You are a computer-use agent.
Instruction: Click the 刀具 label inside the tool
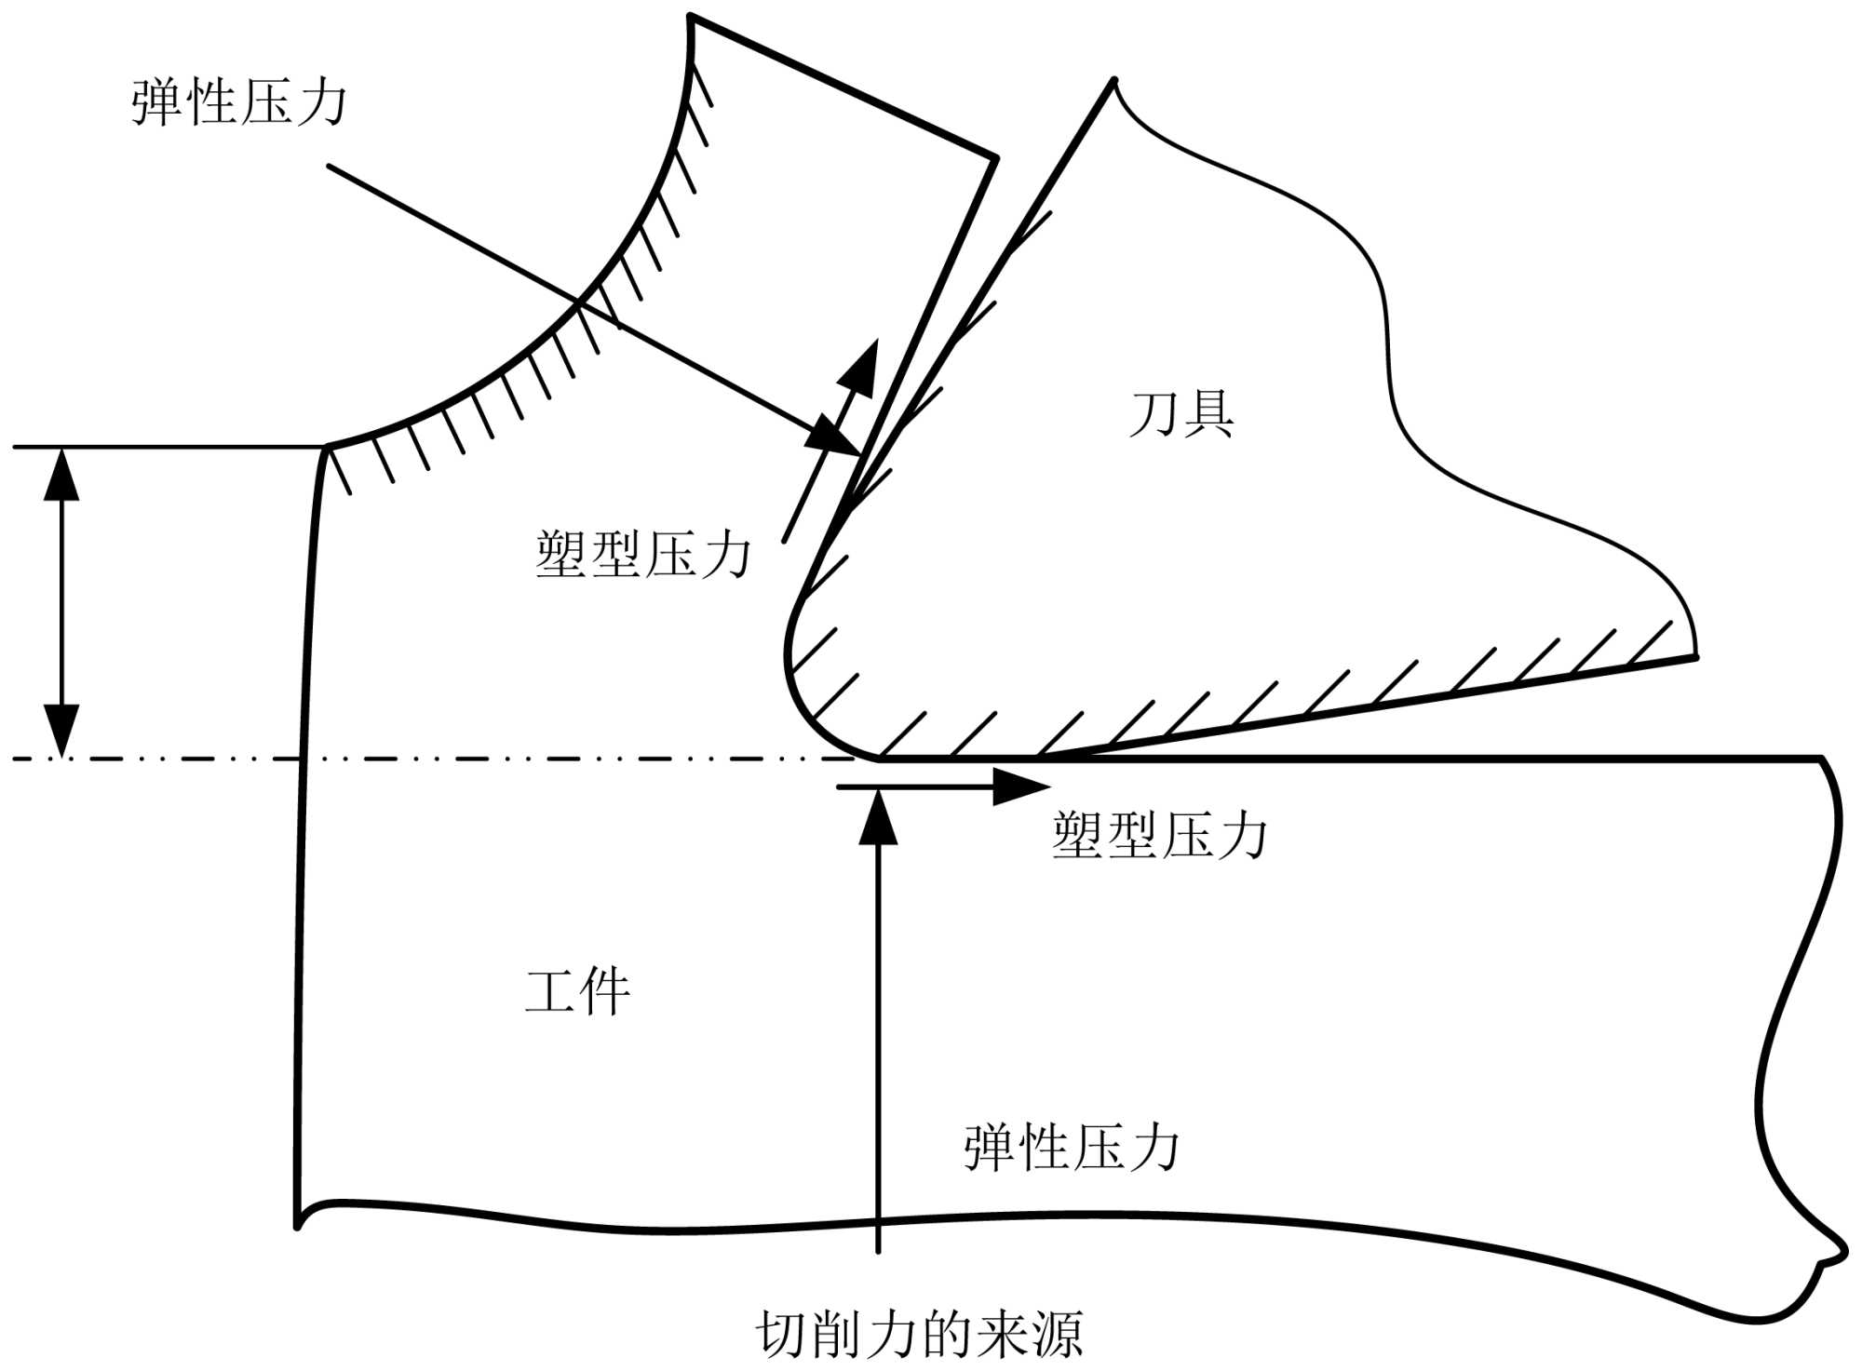pyautogui.click(x=1181, y=415)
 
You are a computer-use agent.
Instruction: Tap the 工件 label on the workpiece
pyautogui.click(x=577, y=992)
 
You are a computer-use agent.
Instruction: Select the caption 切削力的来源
pyautogui.click(x=919, y=1335)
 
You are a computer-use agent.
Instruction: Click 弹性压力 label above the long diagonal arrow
pyautogui.click(x=239, y=101)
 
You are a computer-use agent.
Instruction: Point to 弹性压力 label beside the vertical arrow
pyautogui.click(x=1072, y=1147)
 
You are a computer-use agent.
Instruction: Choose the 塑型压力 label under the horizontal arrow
pyautogui.click(x=1159, y=835)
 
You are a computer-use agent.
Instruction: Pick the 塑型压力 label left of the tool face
pyautogui.click(x=642, y=555)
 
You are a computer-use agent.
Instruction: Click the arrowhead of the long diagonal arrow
pyautogui.click(x=838, y=439)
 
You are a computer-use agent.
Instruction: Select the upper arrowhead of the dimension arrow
pyautogui.click(x=62, y=471)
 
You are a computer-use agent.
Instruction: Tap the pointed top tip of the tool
pyautogui.click(x=1113, y=82)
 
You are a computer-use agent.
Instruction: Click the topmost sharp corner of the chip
pyautogui.click(x=691, y=16)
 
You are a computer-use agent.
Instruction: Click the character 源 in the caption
pyautogui.click(x=1056, y=1335)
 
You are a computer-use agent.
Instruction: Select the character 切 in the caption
pyautogui.click(x=781, y=1335)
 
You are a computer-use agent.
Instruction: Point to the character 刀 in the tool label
pyautogui.click(x=1154, y=415)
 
